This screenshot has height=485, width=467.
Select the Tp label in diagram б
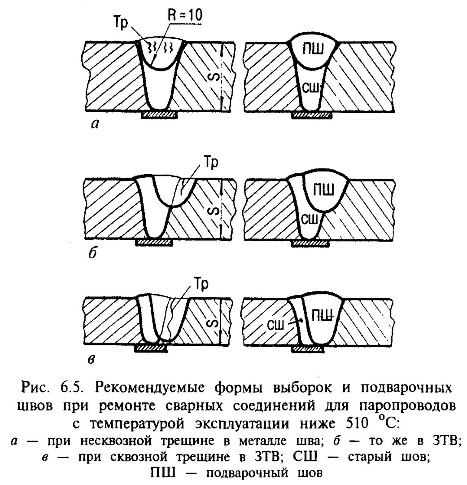point(211,163)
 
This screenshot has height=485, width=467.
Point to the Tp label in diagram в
point(201,284)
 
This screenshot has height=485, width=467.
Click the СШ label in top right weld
point(310,88)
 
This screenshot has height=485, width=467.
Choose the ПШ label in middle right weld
point(323,190)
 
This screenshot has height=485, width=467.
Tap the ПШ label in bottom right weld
point(322,316)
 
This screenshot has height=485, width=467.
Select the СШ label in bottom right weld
point(275,326)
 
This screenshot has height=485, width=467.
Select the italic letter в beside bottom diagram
point(92,359)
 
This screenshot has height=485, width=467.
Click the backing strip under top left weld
point(159,115)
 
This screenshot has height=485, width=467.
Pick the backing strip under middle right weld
point(310,243)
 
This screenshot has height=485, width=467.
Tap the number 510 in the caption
point(357,423)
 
